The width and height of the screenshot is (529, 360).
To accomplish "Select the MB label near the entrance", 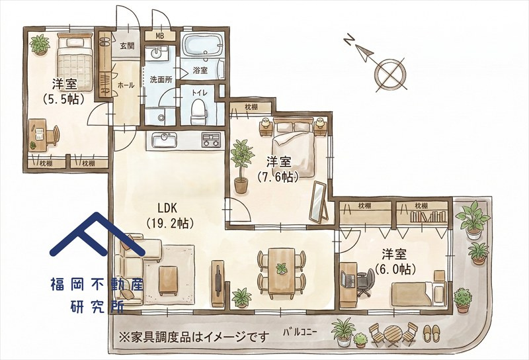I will pos(159,36).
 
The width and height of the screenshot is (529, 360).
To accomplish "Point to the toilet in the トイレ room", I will pos(199,113).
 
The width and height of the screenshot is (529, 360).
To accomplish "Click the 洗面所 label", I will pos(161,79).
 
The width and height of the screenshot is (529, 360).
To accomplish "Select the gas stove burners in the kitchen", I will pos(212,140).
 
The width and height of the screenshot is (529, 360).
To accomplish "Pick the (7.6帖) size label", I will pos(278,177).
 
